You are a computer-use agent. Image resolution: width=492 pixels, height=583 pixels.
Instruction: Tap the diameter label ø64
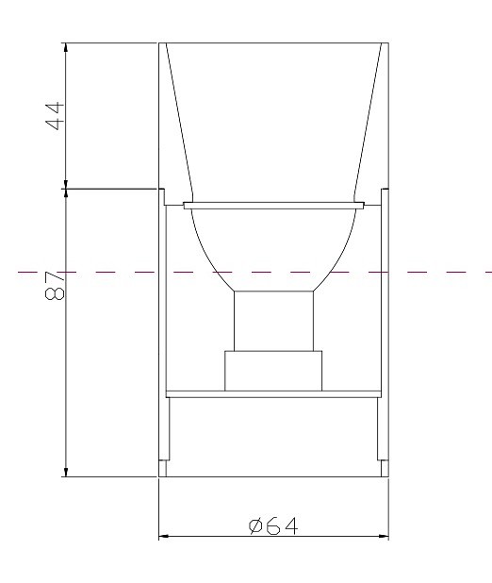point(273,525)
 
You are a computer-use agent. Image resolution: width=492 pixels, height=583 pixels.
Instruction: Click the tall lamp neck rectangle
point(273,321)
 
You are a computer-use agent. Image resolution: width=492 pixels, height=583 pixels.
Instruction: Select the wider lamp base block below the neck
point(273,370)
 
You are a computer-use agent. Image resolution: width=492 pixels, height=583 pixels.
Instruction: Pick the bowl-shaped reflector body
point(273,241)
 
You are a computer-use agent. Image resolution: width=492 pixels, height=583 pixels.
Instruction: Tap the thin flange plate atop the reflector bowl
point(273,204)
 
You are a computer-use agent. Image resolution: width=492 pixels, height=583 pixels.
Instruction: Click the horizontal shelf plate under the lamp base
point(273,393)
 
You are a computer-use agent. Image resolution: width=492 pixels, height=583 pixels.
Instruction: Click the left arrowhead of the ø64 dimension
point(163,537)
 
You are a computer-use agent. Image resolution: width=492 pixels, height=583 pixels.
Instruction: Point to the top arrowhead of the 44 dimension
point(65,48)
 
